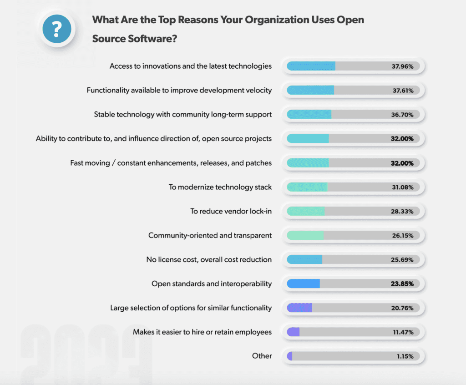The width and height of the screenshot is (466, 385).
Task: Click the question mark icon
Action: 56,29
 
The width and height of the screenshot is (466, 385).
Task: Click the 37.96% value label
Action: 402,66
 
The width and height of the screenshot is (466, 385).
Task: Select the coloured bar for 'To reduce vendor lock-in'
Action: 306,211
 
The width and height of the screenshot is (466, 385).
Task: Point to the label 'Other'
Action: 262,356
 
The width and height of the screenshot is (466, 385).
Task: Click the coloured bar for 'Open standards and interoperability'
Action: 304,284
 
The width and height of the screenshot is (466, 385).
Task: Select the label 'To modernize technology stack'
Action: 220,187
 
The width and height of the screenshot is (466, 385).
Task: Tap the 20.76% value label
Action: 402,308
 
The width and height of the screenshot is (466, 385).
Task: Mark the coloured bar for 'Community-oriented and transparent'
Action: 305,235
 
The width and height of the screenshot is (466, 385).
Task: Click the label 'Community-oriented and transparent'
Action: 210,235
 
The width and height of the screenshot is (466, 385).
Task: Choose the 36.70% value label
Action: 402,115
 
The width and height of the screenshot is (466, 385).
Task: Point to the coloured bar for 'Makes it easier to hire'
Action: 294,332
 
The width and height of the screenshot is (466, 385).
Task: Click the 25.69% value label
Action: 402,259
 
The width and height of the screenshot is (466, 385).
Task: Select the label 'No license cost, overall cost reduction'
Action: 209,259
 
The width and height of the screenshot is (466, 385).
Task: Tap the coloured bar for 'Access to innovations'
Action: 311,66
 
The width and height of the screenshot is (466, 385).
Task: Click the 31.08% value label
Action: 402,187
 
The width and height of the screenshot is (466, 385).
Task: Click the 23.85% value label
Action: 402,284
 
